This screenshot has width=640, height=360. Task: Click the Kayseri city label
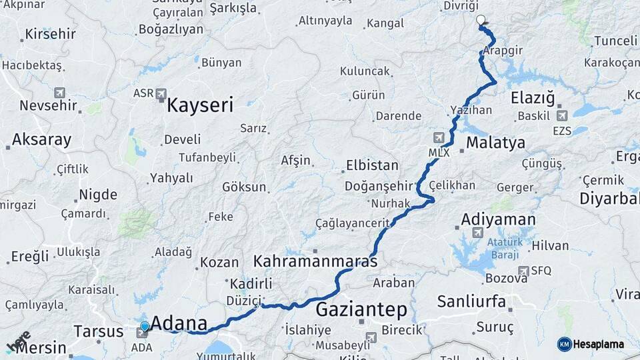(200, 105)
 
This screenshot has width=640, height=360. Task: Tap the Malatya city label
(495, 142)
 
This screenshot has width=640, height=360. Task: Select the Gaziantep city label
(361, 309)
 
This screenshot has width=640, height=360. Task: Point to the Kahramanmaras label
(315, 261)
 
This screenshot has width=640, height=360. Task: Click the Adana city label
(179, 323)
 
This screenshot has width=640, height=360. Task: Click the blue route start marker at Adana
(145, 327)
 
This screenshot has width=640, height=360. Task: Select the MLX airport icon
(438, 138)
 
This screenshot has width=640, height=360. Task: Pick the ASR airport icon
(160, 94)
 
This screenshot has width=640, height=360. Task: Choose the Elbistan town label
(372, 165)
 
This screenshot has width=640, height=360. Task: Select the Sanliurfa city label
(471, 301)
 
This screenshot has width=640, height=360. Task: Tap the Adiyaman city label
(498, 219)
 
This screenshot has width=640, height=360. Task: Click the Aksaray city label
(41, 140)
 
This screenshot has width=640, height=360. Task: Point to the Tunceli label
(615, 41)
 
